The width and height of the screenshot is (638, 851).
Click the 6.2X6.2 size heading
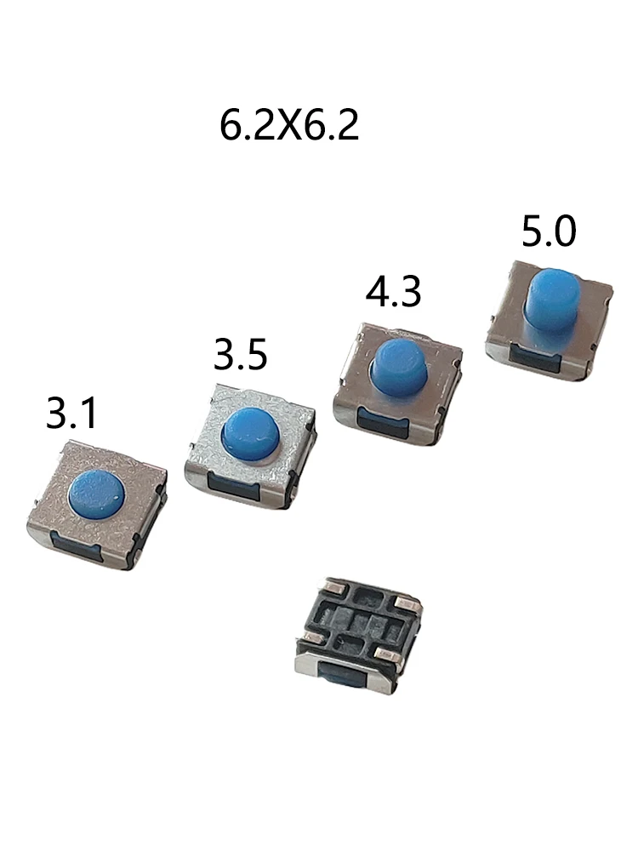(x=289, y=125)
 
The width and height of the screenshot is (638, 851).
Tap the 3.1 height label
(x=71, y=413)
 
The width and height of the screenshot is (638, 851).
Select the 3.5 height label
(x=241, y=354)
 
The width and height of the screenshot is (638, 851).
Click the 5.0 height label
(x=549, y=231)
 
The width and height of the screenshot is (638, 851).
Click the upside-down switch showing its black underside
(x=357, y=634)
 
